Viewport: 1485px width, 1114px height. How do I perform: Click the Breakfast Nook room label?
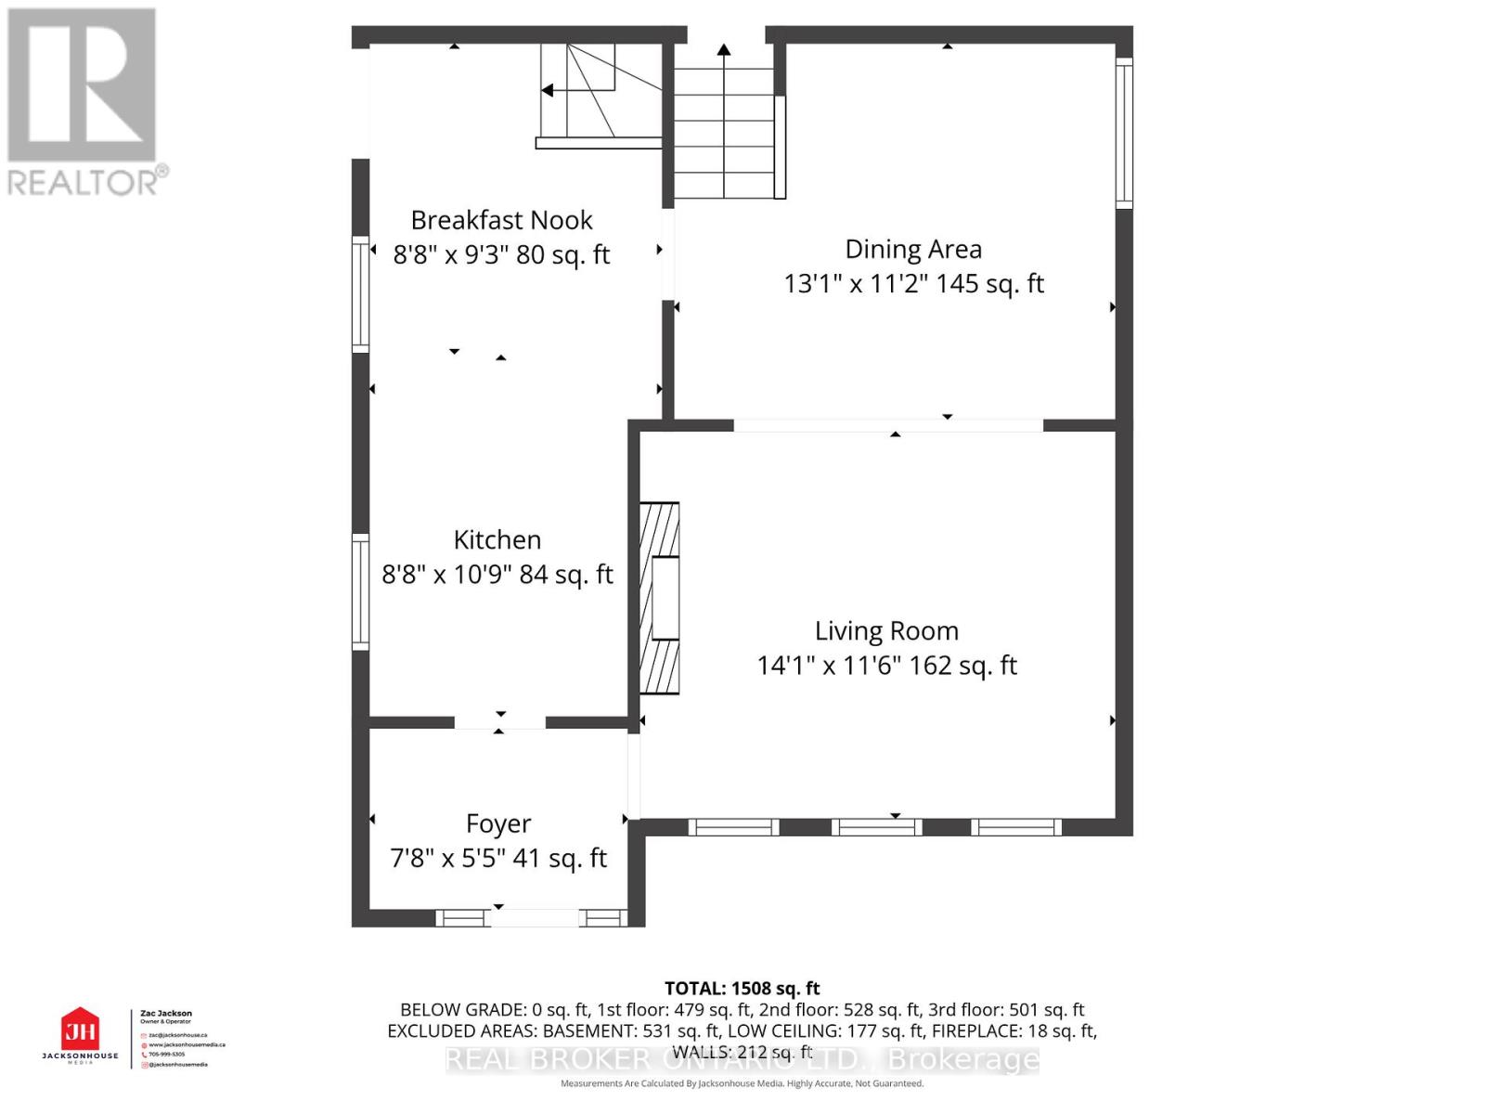point(501,220)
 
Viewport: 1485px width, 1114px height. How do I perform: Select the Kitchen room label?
point(497,539)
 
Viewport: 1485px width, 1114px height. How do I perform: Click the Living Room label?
point(886,631)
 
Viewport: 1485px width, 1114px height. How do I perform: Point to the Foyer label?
point(498,823)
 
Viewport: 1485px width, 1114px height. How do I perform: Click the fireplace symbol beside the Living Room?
point(659,598)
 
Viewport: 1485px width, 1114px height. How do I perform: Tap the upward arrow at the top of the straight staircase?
point(724,49)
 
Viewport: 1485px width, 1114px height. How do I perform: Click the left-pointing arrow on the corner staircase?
point(548,90)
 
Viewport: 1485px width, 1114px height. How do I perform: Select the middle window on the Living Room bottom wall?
point(877,827)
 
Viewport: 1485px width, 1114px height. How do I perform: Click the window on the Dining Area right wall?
point(1123,132)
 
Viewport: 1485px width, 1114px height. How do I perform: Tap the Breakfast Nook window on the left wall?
point(360,294)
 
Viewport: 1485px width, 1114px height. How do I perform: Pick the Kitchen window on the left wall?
point(360,591)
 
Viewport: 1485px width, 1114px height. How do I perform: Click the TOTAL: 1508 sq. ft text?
point(742,989)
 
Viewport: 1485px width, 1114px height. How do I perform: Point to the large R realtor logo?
point(82,85)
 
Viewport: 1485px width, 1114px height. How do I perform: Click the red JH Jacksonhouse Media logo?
point(80,1030)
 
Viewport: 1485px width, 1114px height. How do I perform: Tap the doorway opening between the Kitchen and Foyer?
point(499,722)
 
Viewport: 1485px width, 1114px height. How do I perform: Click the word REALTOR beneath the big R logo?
point(84,182)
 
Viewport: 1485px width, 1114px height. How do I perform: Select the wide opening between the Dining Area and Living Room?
point(888,425)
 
